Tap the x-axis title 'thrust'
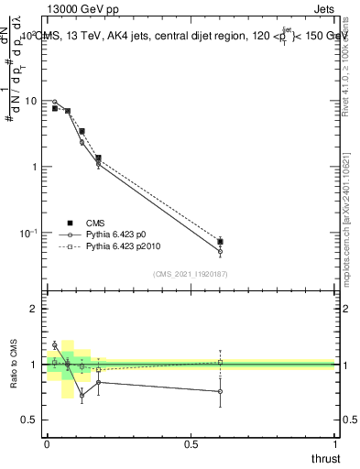[x=324, y=457]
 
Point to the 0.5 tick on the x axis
[x=191, y=443]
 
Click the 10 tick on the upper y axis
[x=30, y=101]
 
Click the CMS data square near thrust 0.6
[x=220, y=242]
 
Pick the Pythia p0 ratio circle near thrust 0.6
[x=220, y=392]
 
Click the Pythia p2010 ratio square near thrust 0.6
[x=220, y=362]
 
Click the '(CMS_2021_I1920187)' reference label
[x=191, y=274]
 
